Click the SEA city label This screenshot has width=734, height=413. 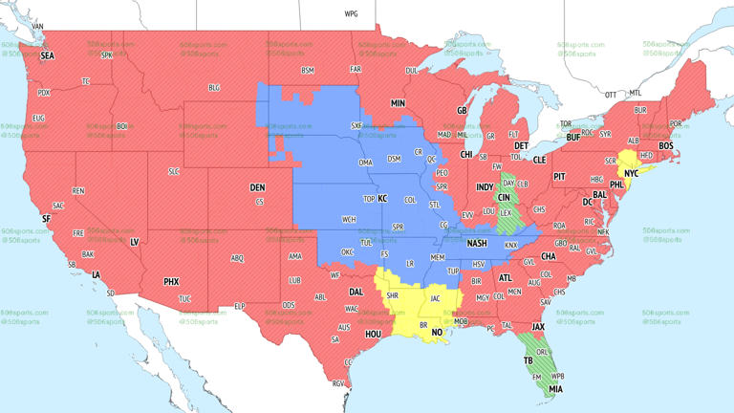click(x=47, y=55)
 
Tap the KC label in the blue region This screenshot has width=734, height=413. click(x=382, y=199)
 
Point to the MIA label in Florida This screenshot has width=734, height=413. click(x=556, y=390)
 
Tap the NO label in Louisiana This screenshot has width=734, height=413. click(x=437, y=333)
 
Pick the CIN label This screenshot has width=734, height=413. click(x=504, y=197)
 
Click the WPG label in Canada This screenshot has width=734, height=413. click(x=351, y=14)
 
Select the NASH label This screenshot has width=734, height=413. click(x=476, y=243)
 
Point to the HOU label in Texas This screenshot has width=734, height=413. click(x=374, y=334)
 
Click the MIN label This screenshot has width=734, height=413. click(x=398, y=102)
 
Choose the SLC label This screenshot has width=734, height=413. click(x=173, y=171)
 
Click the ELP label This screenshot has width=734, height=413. click(x=240, y=306)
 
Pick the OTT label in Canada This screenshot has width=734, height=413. click(x=610, y=95)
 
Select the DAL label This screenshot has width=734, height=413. click(x=356, y=292)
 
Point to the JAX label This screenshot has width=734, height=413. click(x=539, y=326)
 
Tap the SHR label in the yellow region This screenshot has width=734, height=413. click(x=393, y=296)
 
